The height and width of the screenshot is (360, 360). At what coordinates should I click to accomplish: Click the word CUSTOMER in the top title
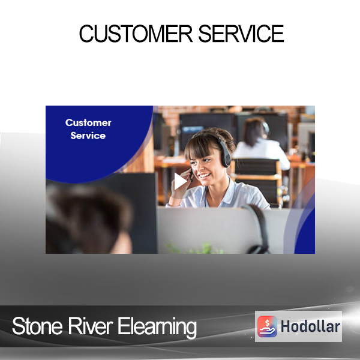tap(136, 34)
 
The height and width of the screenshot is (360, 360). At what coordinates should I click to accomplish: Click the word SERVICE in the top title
tap(241, 34)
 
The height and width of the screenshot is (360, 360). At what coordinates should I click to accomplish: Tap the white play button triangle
tap(180, 181)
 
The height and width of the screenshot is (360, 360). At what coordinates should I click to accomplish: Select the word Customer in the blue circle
tap(88, 122)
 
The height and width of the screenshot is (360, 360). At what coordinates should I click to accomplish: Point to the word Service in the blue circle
tap(88, 136)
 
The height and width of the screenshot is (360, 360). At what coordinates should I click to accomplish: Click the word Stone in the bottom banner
tap(37, 326)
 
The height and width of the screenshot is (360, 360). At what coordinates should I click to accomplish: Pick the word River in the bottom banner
tap(90, 326)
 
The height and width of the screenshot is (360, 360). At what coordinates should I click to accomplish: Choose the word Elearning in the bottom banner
tap(157, 328)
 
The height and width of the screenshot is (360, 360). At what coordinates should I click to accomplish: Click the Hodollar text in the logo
tap(310, 326)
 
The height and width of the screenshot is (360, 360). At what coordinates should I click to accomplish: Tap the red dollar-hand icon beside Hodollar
tap(267, 326)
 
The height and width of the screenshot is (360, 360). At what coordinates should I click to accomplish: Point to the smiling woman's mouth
tap(205, 176)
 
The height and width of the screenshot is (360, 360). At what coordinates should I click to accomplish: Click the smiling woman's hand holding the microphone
tap(182, 181)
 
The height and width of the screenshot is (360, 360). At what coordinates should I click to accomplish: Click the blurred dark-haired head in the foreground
tap(89, 219)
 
